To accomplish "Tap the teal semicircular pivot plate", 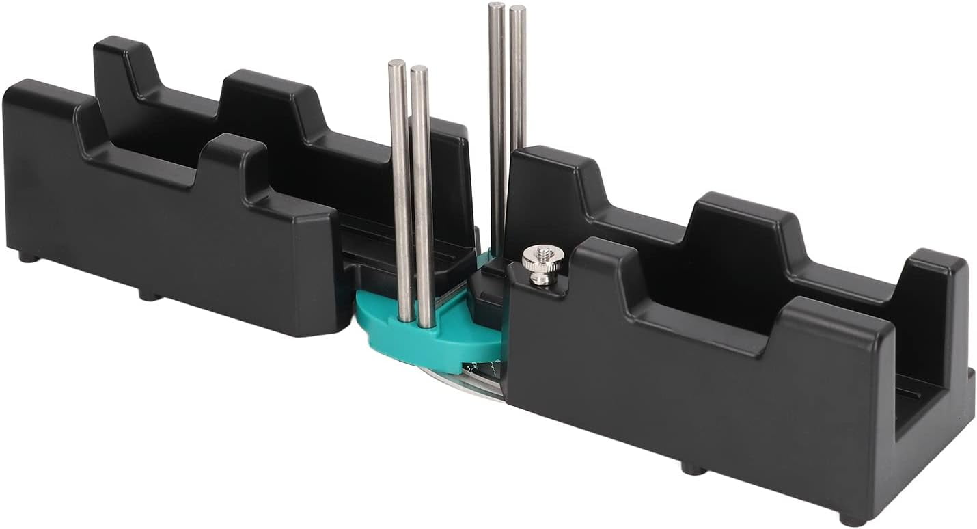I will (437, 335).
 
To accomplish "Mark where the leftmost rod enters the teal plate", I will (406, 318).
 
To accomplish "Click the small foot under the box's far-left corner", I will (27, 258).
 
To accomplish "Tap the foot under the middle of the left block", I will (148, 295).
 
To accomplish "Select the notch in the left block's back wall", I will (184, 96).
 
